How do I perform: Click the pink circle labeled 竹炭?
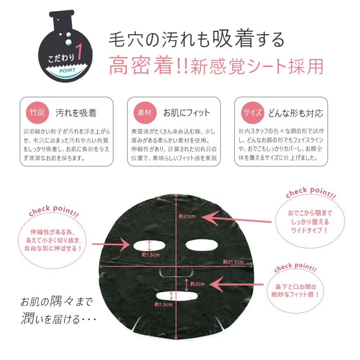37,112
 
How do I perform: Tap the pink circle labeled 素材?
145,112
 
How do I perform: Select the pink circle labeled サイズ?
252,112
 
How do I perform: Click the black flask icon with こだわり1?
66,46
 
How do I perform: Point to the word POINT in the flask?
67,70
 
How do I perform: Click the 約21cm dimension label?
187,216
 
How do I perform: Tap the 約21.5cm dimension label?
233,262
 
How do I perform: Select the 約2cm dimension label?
198,284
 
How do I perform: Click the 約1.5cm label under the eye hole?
151,255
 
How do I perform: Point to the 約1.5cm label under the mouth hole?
164,304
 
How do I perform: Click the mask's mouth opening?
177,296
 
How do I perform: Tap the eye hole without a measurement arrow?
201,245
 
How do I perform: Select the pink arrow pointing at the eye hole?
111,244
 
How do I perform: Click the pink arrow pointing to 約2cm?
237,284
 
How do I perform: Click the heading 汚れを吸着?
76,113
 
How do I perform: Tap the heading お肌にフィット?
186,113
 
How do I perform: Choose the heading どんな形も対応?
296,113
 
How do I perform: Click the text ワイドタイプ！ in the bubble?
309,230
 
